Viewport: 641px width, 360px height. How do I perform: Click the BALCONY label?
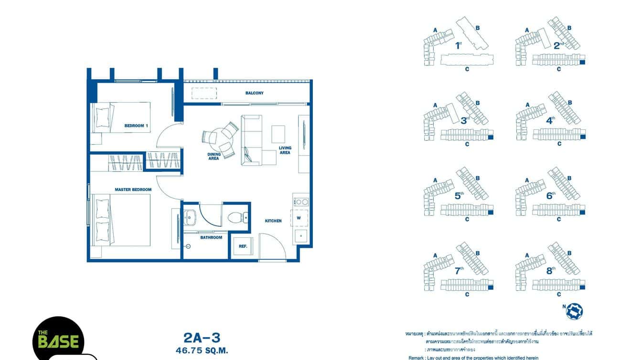click(254, 93)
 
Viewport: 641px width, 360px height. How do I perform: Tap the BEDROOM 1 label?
click(136, 126)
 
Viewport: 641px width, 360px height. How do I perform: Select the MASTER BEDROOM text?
click(133, 190)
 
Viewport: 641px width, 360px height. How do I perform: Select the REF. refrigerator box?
click(243, 246)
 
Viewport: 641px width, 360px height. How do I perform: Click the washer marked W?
click(299, 218)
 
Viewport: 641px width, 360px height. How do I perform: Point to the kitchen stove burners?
click(301, 202)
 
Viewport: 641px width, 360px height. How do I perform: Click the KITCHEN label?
click(273, 221)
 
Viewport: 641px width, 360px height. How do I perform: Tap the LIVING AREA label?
click(285, 150)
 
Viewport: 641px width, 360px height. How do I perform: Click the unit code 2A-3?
click(202, 338)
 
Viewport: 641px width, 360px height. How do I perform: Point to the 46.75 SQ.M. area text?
click(202, 350)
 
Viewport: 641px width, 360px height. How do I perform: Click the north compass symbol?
click(574, 311)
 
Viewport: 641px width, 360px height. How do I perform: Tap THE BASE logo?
click(58, 340)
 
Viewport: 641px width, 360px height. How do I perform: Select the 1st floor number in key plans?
click(458, 46)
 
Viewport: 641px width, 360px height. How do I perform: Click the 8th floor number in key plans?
click(551, 270)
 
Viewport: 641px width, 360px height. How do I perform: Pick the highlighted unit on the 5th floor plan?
click(490, 212)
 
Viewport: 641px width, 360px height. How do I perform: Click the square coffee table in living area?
click(278, 134)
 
